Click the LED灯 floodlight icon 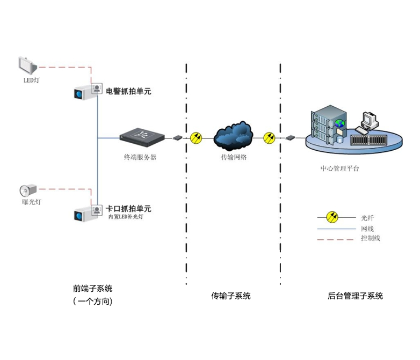(27, 65)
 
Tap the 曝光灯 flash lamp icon (27, 190)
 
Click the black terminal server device (142, 135)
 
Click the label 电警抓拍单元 (128, 92)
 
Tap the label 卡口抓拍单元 (128, 209)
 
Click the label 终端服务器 (140, 158)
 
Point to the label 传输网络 (234, 158)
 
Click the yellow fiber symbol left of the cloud (196, 138)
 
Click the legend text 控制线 (370, 238)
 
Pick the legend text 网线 (367, 228)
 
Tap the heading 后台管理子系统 (355, 296)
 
